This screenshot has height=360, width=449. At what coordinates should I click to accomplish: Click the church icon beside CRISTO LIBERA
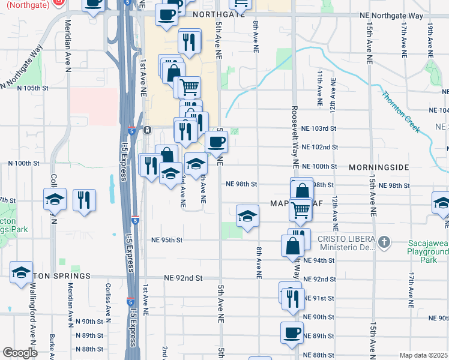[384, 242]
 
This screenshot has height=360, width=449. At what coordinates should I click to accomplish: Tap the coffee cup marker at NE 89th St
[292, 333]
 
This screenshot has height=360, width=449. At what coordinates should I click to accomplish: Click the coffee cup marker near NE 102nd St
[216, 142]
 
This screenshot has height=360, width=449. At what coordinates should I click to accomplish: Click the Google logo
[20, 353]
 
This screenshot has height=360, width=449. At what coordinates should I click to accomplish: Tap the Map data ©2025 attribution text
[423, 355]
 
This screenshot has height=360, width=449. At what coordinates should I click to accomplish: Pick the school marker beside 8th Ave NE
[246, 216]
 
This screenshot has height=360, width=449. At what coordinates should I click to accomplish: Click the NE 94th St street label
[319, 260]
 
